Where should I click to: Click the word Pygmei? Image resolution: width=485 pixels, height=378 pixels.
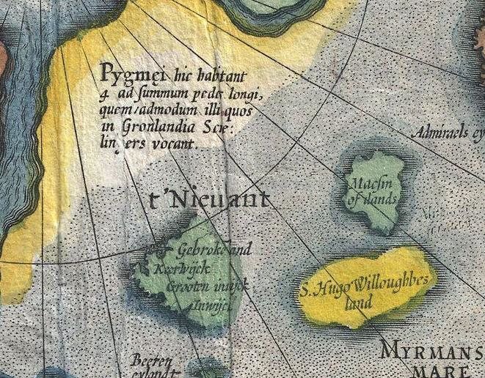(x=125, y=74)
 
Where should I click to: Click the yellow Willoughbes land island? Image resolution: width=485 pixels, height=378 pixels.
(x=367, y=308)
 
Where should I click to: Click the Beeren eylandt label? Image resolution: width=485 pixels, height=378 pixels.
(x=152, y=366)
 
